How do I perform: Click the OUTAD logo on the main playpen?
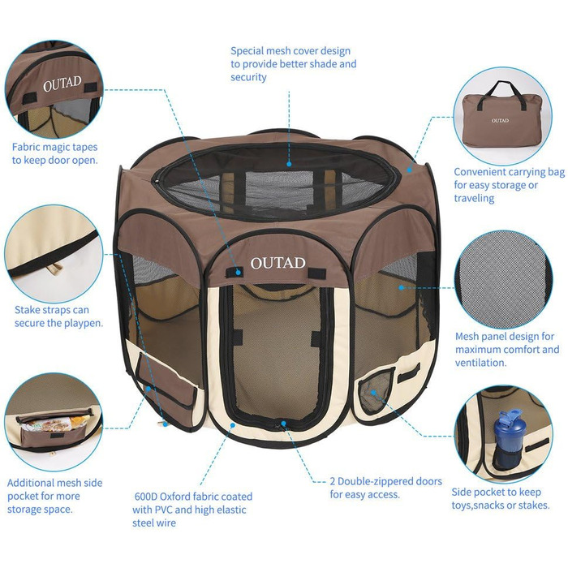pyautogui.click(x=278, y=263)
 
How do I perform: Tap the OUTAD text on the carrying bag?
pyautogui.click(x=500, y=120)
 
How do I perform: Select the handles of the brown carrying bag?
pyautogui.click(x=501, y=95)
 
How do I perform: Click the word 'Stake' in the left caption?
pyautogui.click(x=27, y=310)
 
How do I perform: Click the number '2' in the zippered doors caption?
pyautogui.click(x=333, y=481)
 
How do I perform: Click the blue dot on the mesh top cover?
pyautogui.click(x=289, y=164)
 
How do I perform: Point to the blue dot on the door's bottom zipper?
pyautogui.click(x=283, y=423)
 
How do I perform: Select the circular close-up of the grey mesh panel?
pyautogui.click(x=503, y=280)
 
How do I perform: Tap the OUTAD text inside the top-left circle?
pyautogui.click(x=62, y=84)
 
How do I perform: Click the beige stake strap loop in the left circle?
pyautogui.click(x=54, y=269)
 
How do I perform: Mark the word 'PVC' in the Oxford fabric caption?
pyautogui.click(x=164, y=510)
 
